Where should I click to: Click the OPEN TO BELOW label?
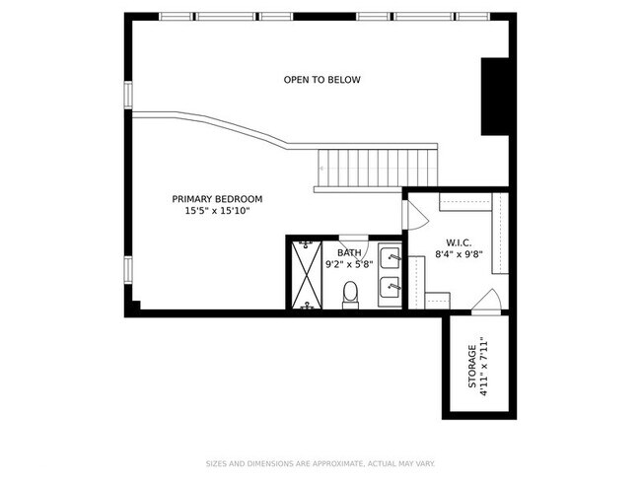click(x=322, y=79)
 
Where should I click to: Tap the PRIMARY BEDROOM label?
click(x=217, y=199)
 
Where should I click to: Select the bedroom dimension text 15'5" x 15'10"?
click(x=217, y=211)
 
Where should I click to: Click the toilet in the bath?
click(x=350, y=295)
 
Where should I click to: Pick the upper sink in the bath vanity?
click(x=390, y=257)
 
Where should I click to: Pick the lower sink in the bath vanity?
click(x=390, y=288)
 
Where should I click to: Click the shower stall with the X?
click(x=306, y=275)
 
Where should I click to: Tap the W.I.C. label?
click(x=460, y=242)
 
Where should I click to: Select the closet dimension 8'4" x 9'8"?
click(x=460, y=254)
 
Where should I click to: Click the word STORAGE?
click(x=472, y=367)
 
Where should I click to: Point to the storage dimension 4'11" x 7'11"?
click(x=484, y=367)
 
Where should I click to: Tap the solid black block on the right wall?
click(x=495, y=97)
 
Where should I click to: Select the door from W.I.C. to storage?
click(x=487, y=302)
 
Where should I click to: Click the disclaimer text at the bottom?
click(x=320, y=464)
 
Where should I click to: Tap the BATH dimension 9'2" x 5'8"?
click(x=349, y=264)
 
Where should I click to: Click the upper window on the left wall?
click(x=128, y=95)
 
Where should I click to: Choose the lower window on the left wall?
click(x=128, y=270)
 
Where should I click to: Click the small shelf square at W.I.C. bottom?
click(x=438, y=301)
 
